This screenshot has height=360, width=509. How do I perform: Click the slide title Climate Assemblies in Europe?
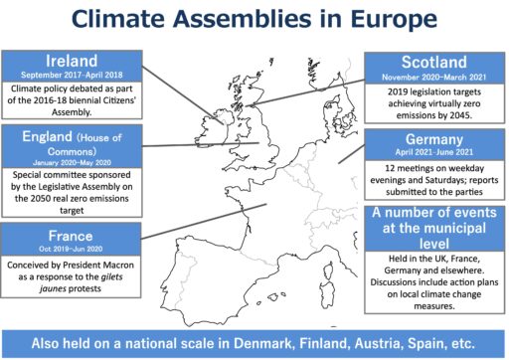point(254,19)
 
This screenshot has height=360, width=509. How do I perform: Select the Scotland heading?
point(435,63)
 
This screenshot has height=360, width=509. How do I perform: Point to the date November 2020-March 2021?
point(435,78)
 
